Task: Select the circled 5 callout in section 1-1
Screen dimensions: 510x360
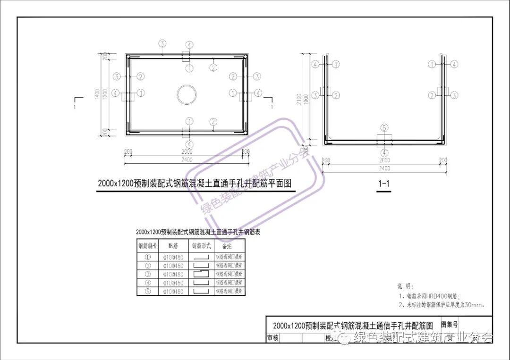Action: click(384, 128)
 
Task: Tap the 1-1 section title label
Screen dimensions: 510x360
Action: click(384, 184)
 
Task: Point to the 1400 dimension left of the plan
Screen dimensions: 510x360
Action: click(97, 94)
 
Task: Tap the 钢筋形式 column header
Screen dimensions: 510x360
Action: click(201, 246)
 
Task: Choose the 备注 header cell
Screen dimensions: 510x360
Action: click(229, 246)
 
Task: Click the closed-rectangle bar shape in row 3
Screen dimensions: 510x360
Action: click(200, 274)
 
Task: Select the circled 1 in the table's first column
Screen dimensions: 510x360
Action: click(148, 257)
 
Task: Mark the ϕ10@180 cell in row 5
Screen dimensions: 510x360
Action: click(173, 292)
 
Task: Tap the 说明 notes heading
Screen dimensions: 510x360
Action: click(405, 286)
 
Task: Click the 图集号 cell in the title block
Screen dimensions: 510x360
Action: click(449, 325)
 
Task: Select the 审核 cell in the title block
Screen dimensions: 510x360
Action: click(272, 338)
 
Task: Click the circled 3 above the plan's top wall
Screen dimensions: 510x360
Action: click(162, 44)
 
